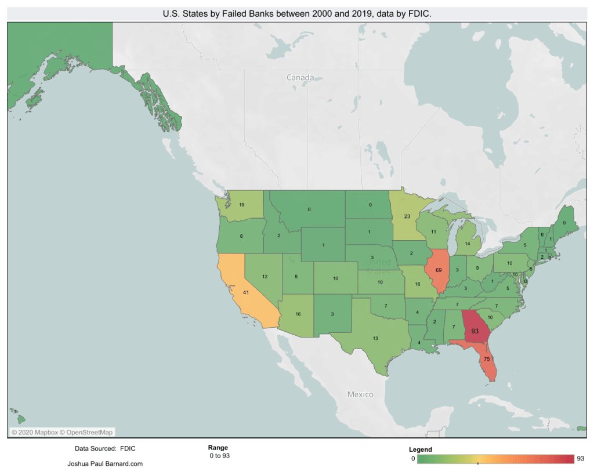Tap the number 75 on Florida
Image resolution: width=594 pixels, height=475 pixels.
[487, 359]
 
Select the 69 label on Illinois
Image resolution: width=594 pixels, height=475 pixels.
[438, 271]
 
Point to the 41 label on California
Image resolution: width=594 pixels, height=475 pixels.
[246, 293]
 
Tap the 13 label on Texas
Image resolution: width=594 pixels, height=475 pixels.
[375, 338]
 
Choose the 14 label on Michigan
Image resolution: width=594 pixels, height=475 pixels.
[467, 244]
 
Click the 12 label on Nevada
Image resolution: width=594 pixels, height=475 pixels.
[265, 277]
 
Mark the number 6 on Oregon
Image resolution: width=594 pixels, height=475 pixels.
[241, 237]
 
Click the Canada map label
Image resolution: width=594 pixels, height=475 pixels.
[300, 77]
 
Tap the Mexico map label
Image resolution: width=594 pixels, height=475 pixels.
[360, 394]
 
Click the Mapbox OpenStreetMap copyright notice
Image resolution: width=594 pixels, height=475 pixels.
[62, 432]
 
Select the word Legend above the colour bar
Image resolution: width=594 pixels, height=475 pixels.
[420, 449]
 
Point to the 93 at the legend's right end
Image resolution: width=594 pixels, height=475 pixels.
[580, 459]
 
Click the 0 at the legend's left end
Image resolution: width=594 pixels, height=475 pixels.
[412, 459]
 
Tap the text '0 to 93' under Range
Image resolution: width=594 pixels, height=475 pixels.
[220, 456]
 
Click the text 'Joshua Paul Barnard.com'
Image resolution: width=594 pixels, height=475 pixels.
[105, 464]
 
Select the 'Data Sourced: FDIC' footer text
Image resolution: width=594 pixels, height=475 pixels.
[105, 449]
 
